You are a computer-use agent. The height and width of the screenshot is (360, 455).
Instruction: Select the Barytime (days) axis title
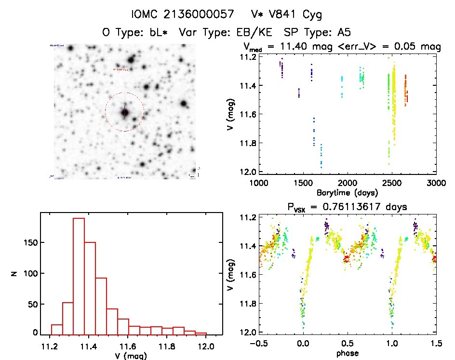coord(347,192)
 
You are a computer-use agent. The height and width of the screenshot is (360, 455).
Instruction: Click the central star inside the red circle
coord(125,112)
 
